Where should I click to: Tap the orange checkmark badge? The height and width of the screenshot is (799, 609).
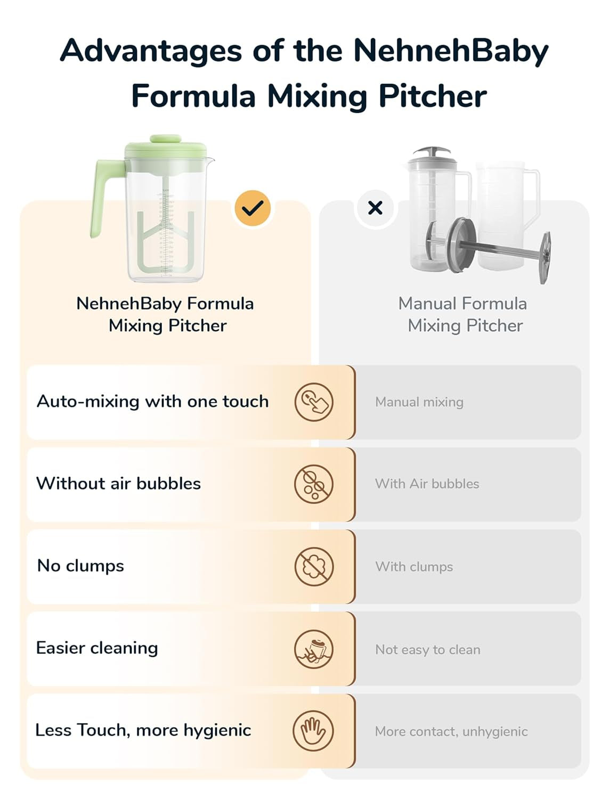coord(253,208)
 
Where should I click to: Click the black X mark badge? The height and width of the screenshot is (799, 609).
coord(375,208)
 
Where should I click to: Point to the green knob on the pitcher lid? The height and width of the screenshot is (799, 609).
coord(166,138)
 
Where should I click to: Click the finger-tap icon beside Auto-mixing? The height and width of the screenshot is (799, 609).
coord(314,402)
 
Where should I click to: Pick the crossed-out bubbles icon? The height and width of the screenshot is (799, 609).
coord(314,484)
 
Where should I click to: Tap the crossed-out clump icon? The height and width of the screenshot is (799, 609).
coord(314,566)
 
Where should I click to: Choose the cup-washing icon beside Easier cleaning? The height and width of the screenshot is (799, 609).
coord(314,649)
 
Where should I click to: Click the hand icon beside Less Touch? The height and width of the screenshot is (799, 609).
coord(313,731)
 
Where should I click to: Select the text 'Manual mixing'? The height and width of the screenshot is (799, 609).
coord(419,402)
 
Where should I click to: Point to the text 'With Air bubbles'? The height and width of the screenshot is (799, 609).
coord(427,484)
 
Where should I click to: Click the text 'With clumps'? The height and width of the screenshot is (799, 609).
coord(414,567)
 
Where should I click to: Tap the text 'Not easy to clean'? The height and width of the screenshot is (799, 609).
coord(428,649)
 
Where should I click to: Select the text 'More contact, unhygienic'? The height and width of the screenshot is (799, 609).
coord(451,731)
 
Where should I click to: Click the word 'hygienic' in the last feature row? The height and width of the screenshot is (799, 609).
coord(217,730)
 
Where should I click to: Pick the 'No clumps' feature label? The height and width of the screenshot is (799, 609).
coord(80,566)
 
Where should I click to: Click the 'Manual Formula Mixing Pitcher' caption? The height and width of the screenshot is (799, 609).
coord(463,314)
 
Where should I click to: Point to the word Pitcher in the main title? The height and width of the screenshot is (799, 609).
coord(433,96)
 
